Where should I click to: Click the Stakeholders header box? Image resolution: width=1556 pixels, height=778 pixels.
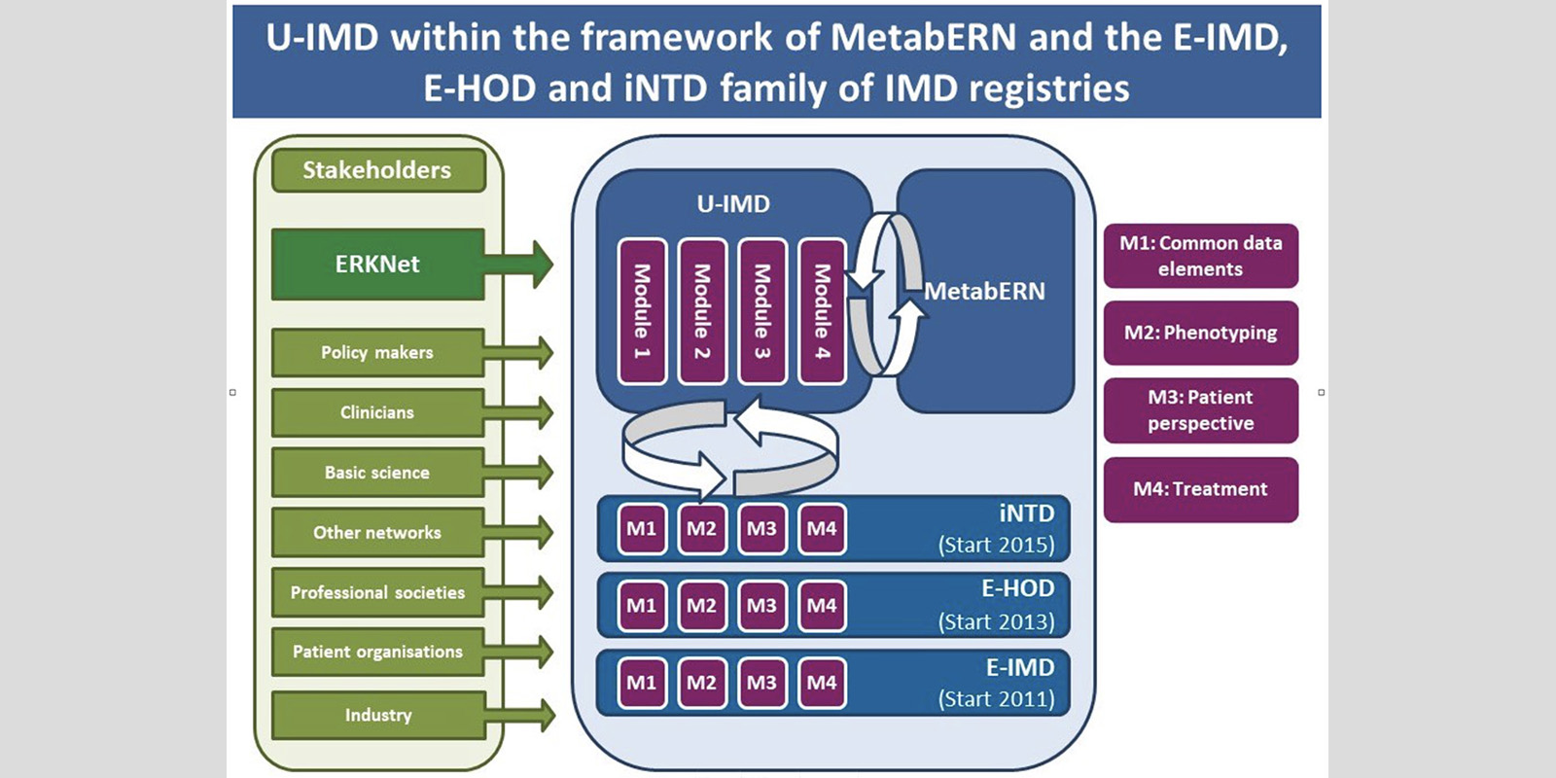[377, 170]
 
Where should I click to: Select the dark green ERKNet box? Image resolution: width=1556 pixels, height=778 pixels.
[377, 264]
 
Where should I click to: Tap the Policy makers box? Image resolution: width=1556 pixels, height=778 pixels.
[377, 352]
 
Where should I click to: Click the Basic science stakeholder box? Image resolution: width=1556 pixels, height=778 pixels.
[377, 473]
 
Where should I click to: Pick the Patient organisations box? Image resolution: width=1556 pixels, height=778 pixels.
[377, 652]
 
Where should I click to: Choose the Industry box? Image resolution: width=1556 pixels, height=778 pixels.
[377, 715]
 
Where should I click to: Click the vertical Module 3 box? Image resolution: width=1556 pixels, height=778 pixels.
[762, 311]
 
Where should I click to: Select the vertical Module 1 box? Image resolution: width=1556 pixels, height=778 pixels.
[642, 311]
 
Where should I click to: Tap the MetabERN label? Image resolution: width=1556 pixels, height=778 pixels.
[984, 291]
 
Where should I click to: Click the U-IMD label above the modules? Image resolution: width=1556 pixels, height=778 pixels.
[733, 204]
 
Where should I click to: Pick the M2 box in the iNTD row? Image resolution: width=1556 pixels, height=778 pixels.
[701, 529]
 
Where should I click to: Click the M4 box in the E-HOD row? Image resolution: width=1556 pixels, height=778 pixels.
[822, 606]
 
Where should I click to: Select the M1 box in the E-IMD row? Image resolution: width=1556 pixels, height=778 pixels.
[641, 683]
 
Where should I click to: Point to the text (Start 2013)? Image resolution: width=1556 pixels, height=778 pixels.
[996, 622]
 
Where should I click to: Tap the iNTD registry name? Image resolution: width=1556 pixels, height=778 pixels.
[1026, 513]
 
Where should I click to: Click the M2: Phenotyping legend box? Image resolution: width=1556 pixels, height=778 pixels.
[1200, 333]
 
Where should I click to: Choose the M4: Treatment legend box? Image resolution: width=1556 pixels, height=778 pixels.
[1200, 489]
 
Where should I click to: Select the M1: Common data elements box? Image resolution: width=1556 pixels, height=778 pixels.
[1200, 256]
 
